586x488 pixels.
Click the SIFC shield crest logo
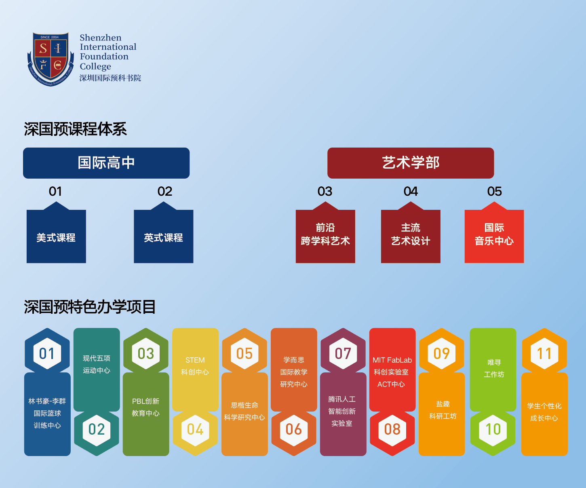[x=51, y=59]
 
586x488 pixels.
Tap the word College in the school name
[x=95, y=66]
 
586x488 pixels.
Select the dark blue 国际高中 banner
[x=106, y=163]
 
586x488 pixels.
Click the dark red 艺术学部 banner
[x=411, y=163]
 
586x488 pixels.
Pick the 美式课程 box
[x=56, y=237]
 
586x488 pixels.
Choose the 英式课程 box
[x=164, y=237]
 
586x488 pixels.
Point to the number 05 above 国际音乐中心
[x=495, y=191]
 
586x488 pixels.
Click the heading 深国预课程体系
[x=75, y=129]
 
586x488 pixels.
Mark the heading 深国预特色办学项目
[x=90, y=307]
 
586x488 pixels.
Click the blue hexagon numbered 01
[x=47, y=353]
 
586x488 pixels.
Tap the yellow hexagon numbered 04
[x=195, y=429]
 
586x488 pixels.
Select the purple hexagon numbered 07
[x=343, y=353]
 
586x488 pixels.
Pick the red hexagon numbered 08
[x=392, y=429]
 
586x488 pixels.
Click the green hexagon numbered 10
[x=493, y=429]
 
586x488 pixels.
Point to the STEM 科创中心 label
[x=195, y=366]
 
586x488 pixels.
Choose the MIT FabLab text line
[x=392, y=360]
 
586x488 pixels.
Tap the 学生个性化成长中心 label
[x=544, y=412]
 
